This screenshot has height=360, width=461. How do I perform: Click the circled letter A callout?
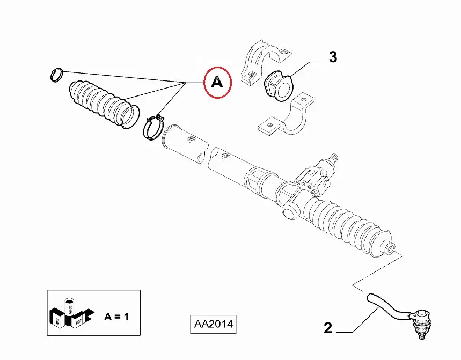[217, 83]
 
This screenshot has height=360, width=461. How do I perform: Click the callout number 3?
[333, 57]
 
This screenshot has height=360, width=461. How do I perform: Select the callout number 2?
[328, 328]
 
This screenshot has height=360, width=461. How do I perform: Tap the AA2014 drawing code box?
[214, 325]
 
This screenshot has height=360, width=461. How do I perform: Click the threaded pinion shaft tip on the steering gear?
[334, 158]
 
